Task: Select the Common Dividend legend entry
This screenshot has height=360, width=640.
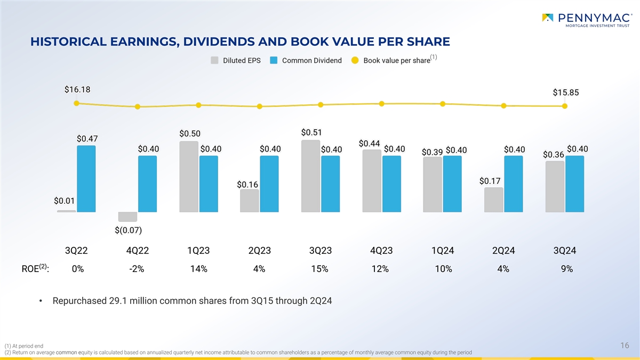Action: click(x=306, y=60)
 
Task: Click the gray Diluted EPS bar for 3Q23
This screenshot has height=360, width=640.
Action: click(x=310, y=176)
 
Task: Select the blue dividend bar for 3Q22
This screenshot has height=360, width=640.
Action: click(x=86, y=179)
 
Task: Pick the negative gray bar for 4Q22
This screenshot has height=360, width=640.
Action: click(x=127, y=217)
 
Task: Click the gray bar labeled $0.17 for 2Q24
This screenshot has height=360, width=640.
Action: click(x=493, y=199)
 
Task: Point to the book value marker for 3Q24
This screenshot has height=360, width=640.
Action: click(x=565, y=106)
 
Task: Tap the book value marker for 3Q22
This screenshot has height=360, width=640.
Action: click(x=77, y=103)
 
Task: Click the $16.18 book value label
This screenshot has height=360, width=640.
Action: click(x=77, y=90)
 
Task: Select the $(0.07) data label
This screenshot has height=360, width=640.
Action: click(x=128, y=230)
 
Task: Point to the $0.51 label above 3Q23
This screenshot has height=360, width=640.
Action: click(x=311, y=132)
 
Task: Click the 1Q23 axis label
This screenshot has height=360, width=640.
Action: click(x=198, y=251)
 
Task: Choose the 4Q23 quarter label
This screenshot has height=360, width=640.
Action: click(x=381, y=251)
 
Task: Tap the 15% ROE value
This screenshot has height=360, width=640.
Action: click(x=320, y=269)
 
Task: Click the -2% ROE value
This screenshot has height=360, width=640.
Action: click(x=137, y=269)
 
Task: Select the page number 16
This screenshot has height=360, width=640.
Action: click(x=625, y=346)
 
